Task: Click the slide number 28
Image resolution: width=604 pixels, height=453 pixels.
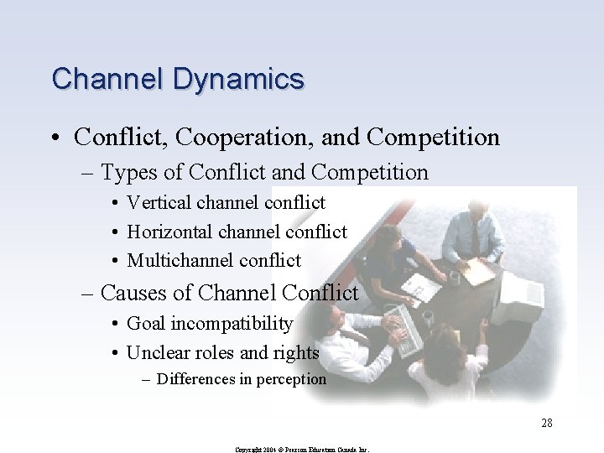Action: (x=546, y=423)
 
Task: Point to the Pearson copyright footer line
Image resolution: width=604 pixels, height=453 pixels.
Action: (x=303, y=450)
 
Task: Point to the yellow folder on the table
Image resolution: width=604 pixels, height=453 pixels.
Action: (x=480, y=270)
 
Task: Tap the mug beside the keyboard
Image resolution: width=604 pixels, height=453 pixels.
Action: (x=427, y=318)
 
